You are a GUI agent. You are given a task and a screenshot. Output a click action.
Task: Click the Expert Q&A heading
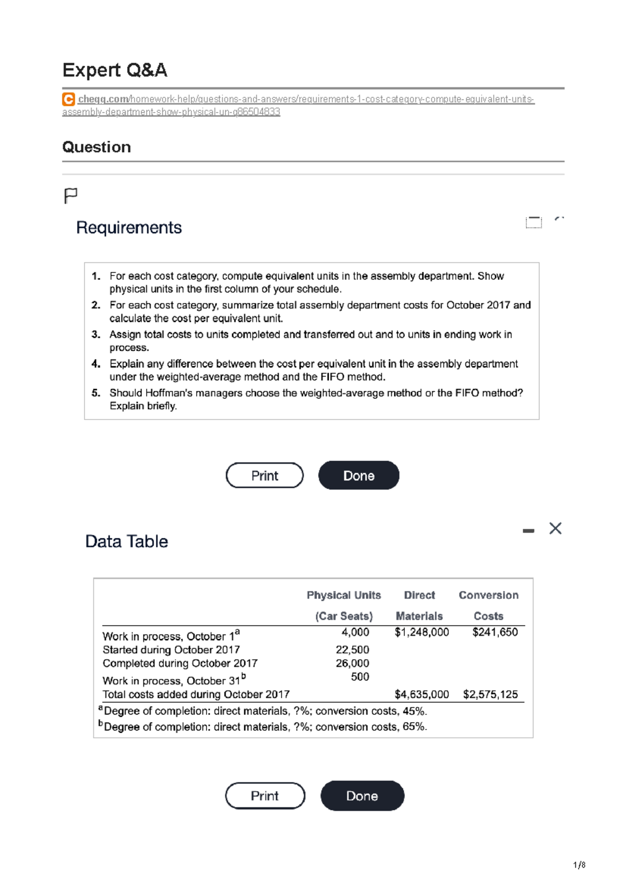tap(115, 70)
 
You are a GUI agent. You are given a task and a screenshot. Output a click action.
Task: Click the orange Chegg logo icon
tap(68, 99)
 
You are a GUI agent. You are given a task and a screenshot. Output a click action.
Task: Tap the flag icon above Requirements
tap(70, 196)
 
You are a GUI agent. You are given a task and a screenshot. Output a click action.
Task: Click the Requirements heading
tap(129, 228)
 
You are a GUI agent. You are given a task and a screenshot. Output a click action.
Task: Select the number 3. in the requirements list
tap(95, 334)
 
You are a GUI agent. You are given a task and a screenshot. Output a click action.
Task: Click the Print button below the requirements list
tap(264, 475)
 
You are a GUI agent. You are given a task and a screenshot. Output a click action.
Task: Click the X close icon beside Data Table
tap(555, 529)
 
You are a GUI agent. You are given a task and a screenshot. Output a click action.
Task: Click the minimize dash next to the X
tap(528, 531)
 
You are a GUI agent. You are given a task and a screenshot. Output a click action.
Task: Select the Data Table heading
tap(126, 542)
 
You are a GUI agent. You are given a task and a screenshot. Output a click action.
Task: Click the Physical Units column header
tap(344, 595)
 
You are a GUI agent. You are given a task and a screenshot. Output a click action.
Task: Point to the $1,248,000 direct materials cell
tap(422, 632)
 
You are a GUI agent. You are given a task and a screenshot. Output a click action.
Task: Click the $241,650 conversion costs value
tap(495, 632)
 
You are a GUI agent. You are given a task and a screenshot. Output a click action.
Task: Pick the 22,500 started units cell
tap(352, 650)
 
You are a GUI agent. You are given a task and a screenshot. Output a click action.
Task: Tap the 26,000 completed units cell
tap(352, 663)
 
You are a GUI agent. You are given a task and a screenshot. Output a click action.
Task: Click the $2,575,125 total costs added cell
tap(490, 695)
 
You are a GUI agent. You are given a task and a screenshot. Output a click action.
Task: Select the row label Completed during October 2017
tap(180, 663)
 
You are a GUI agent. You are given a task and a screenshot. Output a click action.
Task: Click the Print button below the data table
tap(265, 796)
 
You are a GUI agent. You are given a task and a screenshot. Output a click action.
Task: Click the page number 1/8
tap(579, 865)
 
